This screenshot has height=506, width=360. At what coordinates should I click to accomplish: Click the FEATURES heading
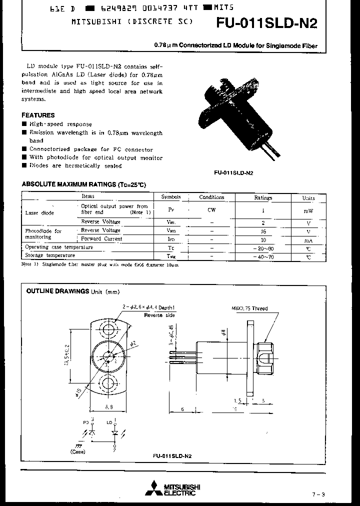pos(38,115)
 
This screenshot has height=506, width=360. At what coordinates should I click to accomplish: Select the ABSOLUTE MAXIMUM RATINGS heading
pos(83,184)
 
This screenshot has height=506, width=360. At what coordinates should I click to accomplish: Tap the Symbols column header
pos(171,197)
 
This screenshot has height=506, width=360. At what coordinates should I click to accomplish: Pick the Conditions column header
pos(211,197)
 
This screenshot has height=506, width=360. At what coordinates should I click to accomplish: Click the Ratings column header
pos(263,197)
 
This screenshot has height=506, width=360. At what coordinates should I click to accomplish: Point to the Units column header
pos(308,198)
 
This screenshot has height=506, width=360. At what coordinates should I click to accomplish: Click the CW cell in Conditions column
pos(211,210)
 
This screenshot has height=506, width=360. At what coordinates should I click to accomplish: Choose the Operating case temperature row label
pos(59,247)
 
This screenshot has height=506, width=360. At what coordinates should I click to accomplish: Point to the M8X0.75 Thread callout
pos(249,308)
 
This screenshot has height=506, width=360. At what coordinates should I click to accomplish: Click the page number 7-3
pos(318,494)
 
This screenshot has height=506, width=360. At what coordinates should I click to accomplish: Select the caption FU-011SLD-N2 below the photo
pos(233,173)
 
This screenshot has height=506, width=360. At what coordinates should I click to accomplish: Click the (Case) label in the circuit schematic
pos(78,451)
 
